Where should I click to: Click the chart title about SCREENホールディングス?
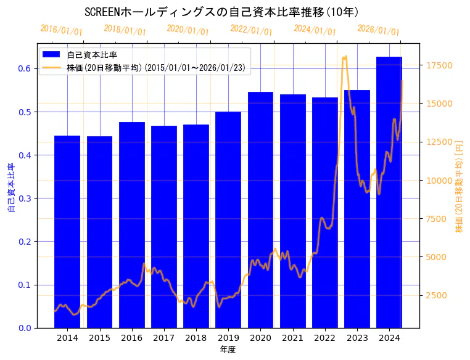click(x=222, y=12)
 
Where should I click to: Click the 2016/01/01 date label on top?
click(x=61, y=30)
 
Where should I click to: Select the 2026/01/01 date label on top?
click(x=378, y=30)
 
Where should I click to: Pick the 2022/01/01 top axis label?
click(x=251, y=30)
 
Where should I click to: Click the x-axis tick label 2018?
click(x=196, y=338)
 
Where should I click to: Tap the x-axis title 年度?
click(x=228, y=350)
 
